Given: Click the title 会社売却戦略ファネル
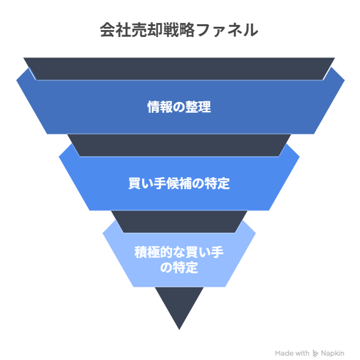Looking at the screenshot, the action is tap(179, 30).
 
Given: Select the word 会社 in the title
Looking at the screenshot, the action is tap(115, 30).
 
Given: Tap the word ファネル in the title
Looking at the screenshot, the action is tap(227, 30).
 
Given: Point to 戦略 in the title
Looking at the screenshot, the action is tap(179, 30).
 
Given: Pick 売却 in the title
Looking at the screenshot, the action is tap(147, 30).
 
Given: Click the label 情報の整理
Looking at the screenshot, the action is tap(179, 107).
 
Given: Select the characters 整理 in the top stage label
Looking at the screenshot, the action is tap(198, 107).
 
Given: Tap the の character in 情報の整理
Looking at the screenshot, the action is tap(179, 107).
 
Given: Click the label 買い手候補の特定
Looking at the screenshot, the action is tap(179, 184).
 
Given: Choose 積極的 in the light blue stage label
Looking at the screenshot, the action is tap(154, 252).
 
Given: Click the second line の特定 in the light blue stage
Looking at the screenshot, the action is tap(179, 268).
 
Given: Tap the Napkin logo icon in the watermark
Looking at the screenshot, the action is tap(315, 354).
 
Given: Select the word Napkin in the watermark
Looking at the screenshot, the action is tap(333, 353).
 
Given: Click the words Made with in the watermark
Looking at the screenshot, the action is tap(292, 353).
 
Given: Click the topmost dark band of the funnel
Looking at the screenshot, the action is tap(179, 69).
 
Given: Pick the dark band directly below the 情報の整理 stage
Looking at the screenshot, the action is tap(179, 145).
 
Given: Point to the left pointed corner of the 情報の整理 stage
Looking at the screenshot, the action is tap(17, 80).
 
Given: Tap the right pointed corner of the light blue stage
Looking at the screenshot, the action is tap(256, 233).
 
